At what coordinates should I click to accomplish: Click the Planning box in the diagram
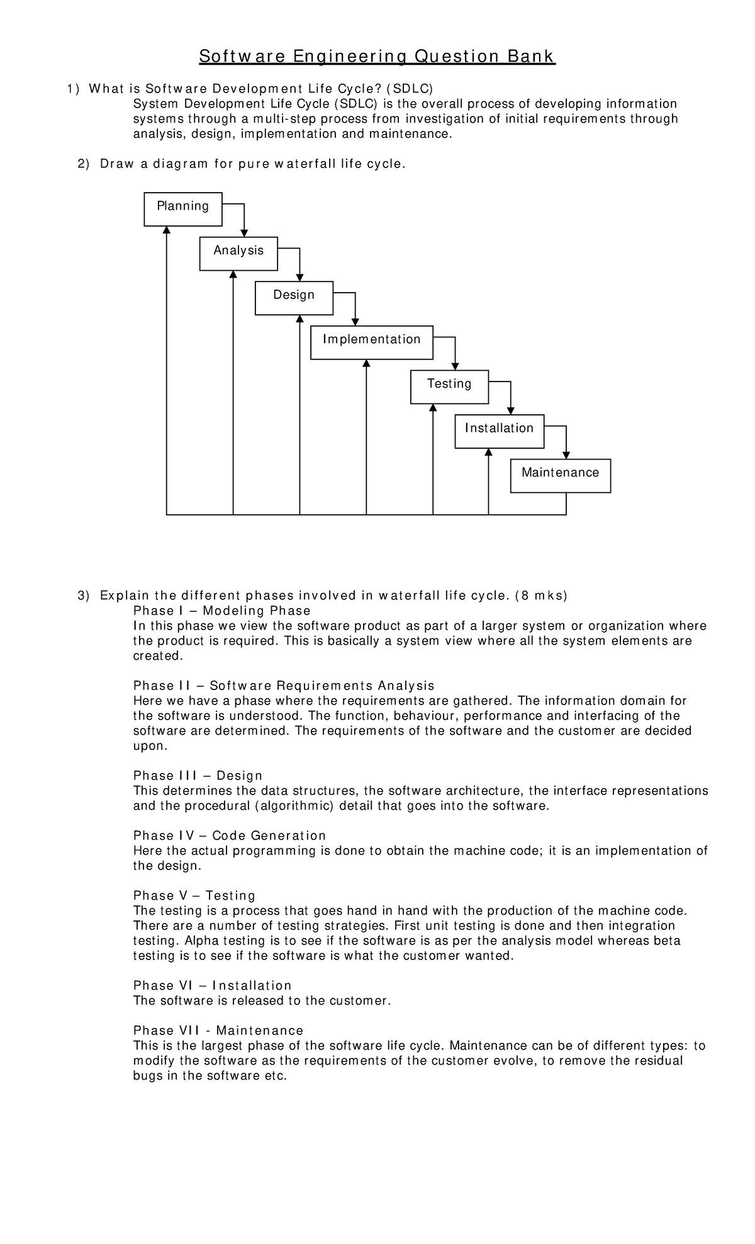click(x=182, y=209)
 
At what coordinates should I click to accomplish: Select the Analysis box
click(x=238, y=254)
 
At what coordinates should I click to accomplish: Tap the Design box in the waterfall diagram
click(x=294, y=298)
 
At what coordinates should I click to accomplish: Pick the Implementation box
click(x=371, y=342)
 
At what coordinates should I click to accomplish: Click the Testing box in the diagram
click(x=449, y=387)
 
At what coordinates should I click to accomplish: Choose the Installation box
click(x=499, y=431)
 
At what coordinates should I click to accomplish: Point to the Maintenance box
click(x=560, y=475)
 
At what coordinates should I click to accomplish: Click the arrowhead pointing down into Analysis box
click(x=244, y=233)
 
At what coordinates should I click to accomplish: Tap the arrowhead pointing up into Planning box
click(x=167, y=230)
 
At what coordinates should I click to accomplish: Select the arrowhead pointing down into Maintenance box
click(x=566, y=455)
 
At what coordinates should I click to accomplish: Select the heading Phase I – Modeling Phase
click(x=221, y=611)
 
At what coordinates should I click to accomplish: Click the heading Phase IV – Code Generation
click(x=230, y=835)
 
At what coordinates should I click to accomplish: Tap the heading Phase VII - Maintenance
click(x=218, y=1031)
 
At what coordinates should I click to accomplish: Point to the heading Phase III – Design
click(x=198, y=776)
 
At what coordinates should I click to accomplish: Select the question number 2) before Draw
click(x=84, y=164)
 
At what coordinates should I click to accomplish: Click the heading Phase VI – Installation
click(x=213, y=985)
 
